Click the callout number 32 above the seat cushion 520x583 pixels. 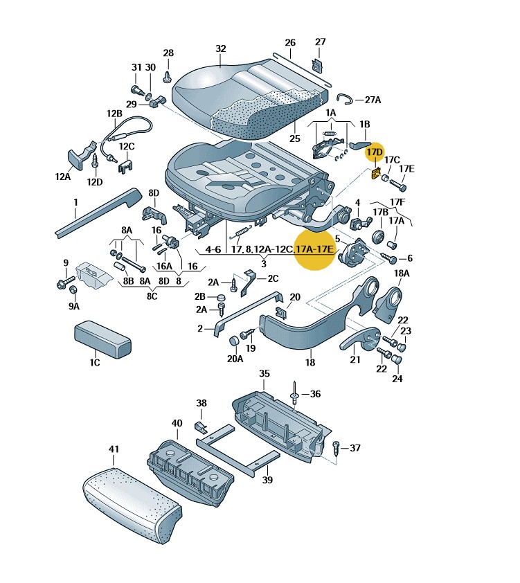pos(220,48)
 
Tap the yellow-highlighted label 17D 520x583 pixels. pos(375,152)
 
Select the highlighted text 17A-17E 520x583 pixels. pos(314,249)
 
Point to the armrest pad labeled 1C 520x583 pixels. pos(102,339)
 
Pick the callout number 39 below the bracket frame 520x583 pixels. pos(268,480)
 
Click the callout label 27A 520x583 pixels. pos(373,100)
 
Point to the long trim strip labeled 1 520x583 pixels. pos(98,212)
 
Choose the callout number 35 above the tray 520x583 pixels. pos(265,373)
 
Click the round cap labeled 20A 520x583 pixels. pos(234,341)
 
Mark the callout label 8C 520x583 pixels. pos(152,296)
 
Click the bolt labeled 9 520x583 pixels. pos(65,282)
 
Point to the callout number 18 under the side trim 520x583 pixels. pos(310,362)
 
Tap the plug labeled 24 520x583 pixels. pos(397,359)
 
